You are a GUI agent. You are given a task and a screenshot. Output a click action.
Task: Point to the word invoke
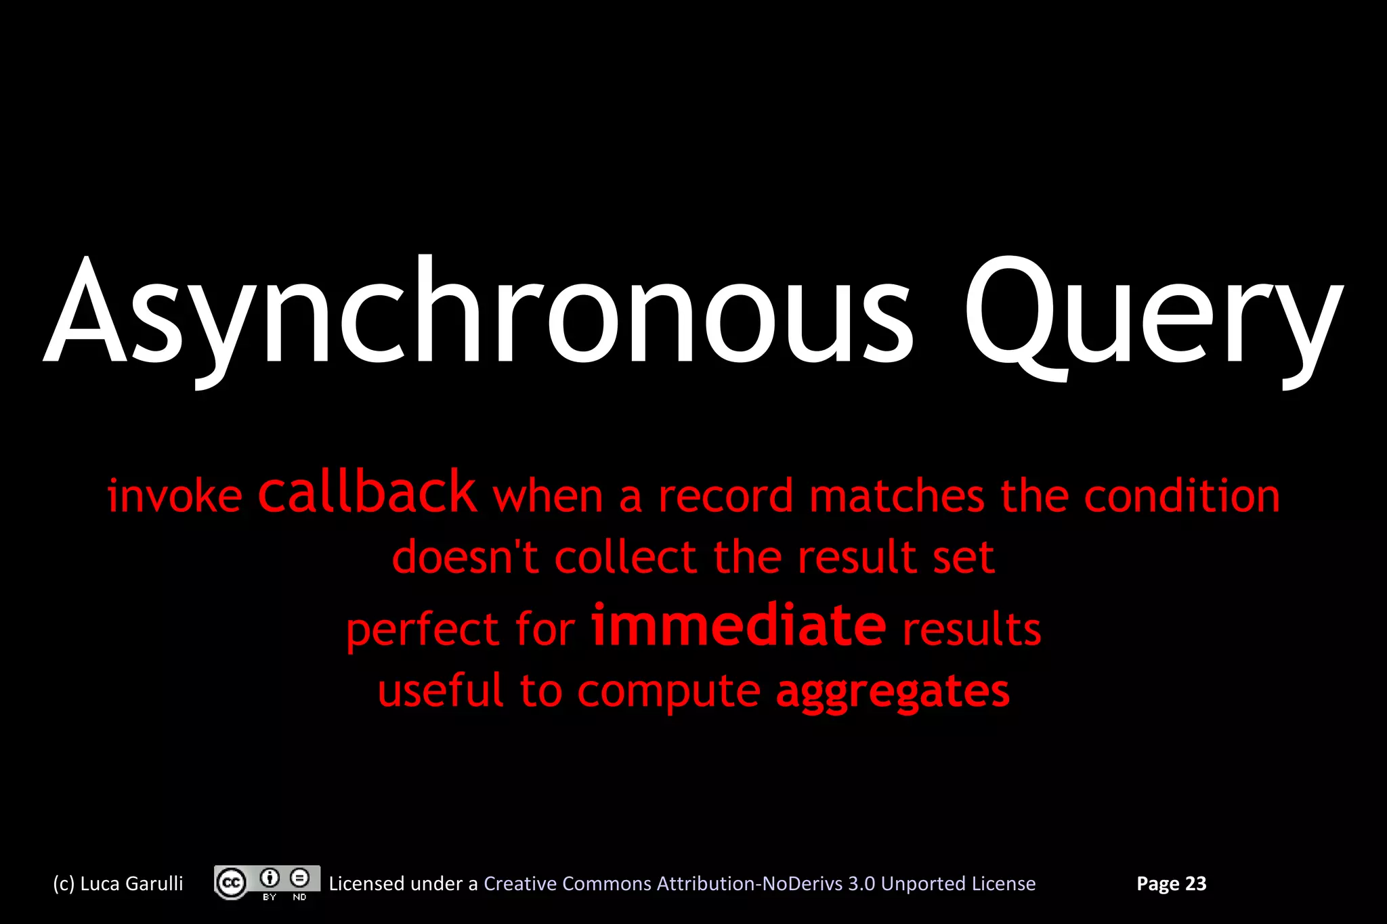click(x=175, y=496)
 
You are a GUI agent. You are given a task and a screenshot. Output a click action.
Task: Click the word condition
click(x=1182, y=496)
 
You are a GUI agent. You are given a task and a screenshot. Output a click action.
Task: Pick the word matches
click(x=897, y=496)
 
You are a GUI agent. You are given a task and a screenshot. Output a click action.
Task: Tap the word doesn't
click(x=465, y=557)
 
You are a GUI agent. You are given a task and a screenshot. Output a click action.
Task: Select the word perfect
click(x=423, y=630)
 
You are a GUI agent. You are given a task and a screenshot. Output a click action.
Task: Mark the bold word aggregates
click(x=893, y=692)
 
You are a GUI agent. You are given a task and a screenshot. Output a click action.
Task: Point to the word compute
click(x=668, y=692)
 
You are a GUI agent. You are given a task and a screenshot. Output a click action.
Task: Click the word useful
click(x=440, y=690)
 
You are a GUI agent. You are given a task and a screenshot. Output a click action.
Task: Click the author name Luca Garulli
click(x=131, y=883)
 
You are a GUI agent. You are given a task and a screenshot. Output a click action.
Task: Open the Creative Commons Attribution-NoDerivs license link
click(x=759, y=883)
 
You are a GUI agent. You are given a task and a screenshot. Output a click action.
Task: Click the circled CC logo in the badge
click(x=232, y=883)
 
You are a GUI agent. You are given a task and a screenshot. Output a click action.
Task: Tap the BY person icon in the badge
click(x=270, y=879)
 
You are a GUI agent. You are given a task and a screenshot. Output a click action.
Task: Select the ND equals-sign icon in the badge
click(x=299, y=879)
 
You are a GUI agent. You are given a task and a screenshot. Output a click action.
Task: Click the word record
click(x=725, y=496)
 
